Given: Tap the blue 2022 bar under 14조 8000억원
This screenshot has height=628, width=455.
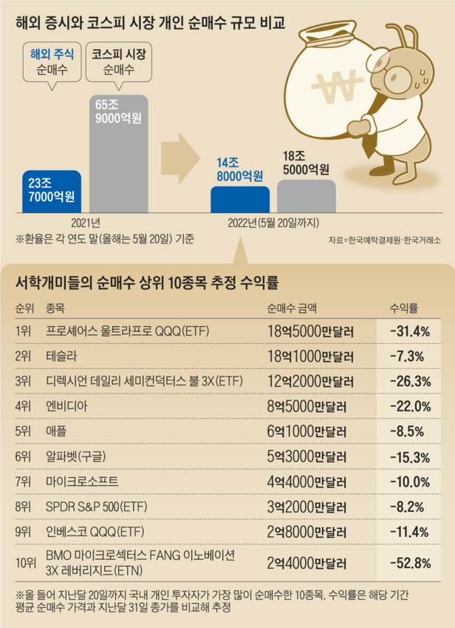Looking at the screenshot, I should pos(239,200).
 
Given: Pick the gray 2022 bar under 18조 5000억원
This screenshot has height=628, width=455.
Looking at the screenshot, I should pos(305,197).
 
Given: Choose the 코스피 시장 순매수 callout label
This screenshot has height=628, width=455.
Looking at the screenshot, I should pos(119,62).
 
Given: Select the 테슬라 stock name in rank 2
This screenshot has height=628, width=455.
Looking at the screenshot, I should pos(61,357).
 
